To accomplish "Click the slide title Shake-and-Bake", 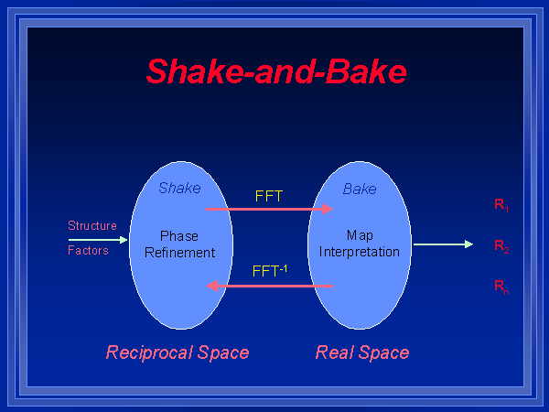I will [x=275, y=71].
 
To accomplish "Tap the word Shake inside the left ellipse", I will [x=179, y=189].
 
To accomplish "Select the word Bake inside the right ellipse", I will [x=360, y=189].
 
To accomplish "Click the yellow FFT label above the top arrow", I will [x=268, y=195].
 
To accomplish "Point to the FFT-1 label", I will [x=271, y=271].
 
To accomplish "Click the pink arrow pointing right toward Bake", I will [x=269, y=210].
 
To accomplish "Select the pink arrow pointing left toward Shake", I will [x=269, y=286].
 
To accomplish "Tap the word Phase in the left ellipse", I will [x=179, y=235].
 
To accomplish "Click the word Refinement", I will [x=179, y=252].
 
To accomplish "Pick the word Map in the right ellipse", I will [x=360, y=235].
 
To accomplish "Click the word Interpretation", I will [x=360, y=252].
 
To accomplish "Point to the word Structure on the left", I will [x=92, y=225].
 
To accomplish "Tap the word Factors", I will [x=88, y=250].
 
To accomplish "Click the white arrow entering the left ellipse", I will [x=98, y=239].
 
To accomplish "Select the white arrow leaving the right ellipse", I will [x=443, y=244].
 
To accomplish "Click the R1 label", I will [x=501, y=205].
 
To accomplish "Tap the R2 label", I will [x=501, y=246].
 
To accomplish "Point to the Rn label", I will [x=501, y=287].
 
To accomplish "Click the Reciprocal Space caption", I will [x=178, y=352].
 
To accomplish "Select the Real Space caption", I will [x=362, y=352].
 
